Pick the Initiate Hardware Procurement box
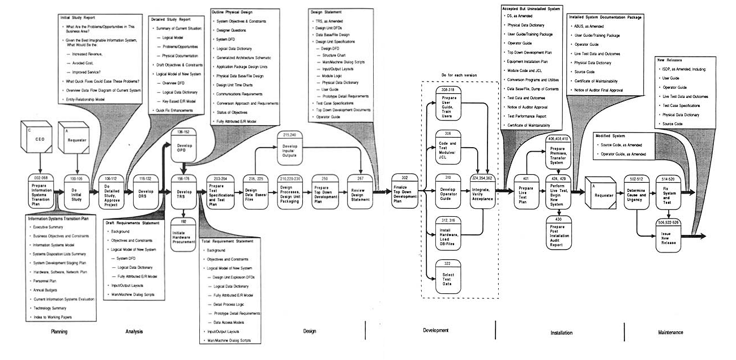point(183,233)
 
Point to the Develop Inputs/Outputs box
point(290,149)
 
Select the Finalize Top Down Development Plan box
point(404,192)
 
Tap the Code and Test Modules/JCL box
point(449,146)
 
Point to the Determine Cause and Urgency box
point(637,192)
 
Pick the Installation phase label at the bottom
point(561,333)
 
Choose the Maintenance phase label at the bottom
point(670,333)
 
